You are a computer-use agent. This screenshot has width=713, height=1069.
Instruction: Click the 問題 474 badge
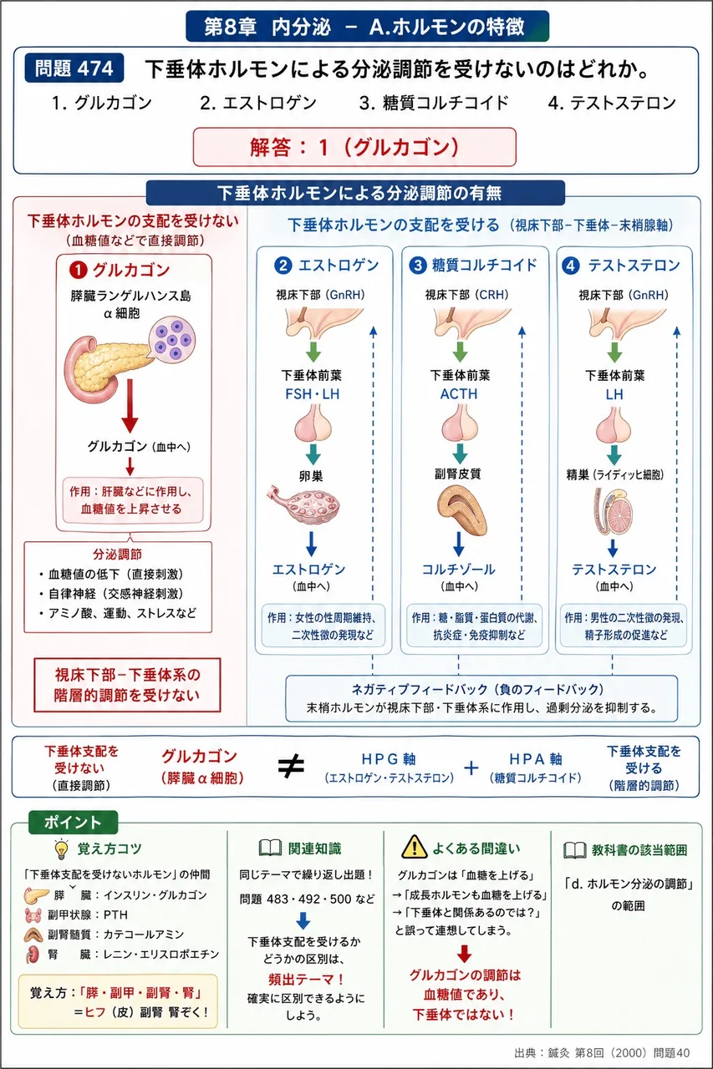[x=74, y=68]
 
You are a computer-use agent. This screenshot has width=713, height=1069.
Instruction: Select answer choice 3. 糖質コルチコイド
[x=434, y=103]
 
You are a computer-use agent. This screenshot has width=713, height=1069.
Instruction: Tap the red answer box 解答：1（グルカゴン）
[x=354, y=147]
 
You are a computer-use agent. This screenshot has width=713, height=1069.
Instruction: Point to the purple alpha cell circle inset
[x=172, y=340]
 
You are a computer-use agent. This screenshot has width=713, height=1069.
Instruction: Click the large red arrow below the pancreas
[x=130, y=406]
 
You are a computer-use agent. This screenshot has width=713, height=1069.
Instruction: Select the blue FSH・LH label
[x=313, y=394]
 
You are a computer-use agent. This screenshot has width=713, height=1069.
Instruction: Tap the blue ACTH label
[x=459, y=394]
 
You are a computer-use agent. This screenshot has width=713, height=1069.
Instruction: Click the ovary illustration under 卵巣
[x=303, y=504]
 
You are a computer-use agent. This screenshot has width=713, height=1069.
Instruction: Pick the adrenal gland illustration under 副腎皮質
[x=461, y=509]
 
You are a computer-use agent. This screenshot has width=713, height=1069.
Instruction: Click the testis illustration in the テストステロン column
[x=613, y=511]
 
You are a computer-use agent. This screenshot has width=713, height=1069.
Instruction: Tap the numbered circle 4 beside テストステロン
[x=571, y=266]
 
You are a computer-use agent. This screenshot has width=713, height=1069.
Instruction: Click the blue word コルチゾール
[x=458, y=570]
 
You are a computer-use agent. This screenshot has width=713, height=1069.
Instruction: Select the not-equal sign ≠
[x=291, y=766]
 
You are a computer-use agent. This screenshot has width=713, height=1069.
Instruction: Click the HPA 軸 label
[x=535, y=759]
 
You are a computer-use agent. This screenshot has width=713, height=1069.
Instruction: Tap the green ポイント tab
[x=73, y=823]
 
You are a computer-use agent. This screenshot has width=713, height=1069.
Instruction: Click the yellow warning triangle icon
[x=414, y=847]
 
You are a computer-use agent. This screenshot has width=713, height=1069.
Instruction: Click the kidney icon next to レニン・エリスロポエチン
[x=33, y=954]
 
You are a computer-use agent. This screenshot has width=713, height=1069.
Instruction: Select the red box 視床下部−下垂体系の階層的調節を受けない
[x=127, y=685]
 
